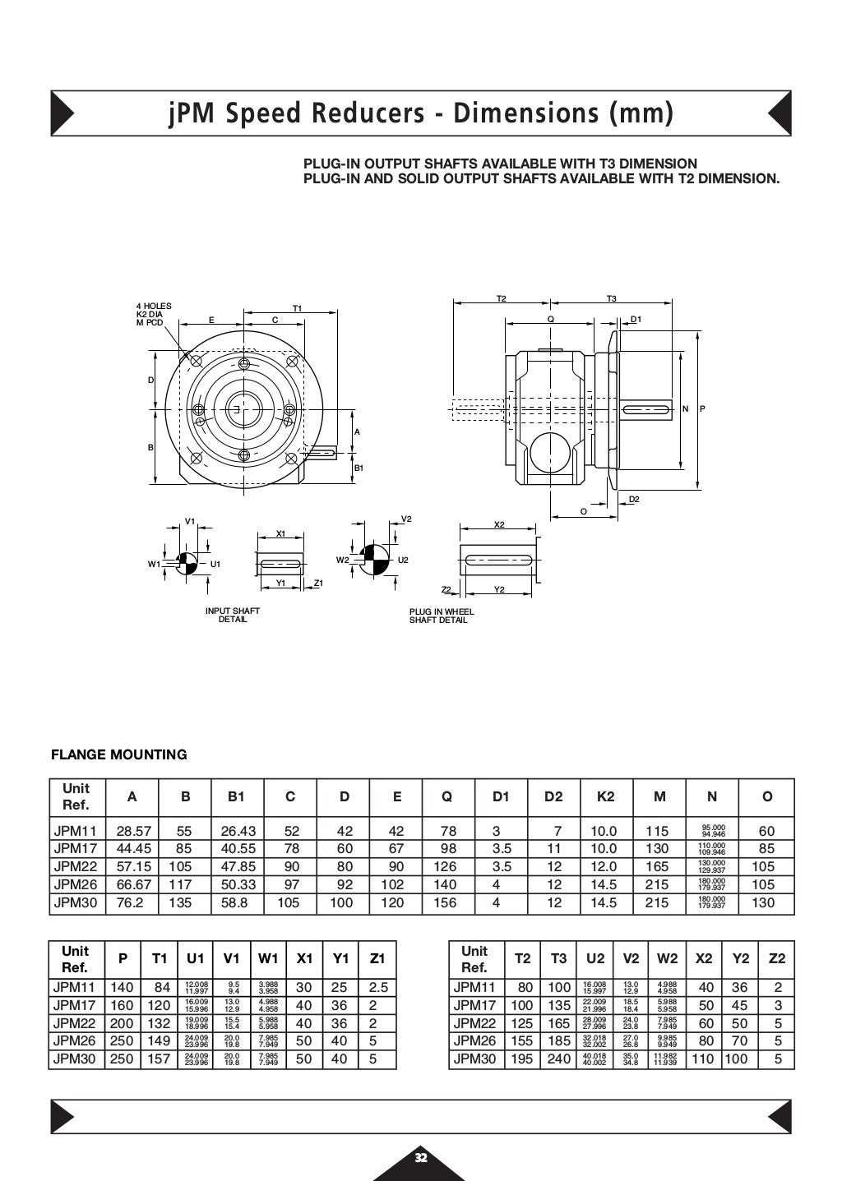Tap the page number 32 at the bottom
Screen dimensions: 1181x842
pos(421,1158)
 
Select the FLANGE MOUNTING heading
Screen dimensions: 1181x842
pos(119,754)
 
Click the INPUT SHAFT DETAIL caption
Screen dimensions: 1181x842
pos(233,616)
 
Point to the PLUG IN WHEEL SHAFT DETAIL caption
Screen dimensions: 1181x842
pos(442,616)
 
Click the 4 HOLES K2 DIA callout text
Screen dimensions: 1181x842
pos(154,311)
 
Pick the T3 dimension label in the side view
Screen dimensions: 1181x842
pos(612,298)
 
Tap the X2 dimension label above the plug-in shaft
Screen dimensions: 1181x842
pos(499,524)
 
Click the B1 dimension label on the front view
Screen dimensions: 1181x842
pos(359,468)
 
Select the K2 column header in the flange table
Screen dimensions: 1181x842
pos(605,796)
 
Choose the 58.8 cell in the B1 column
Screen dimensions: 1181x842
pos(237,902)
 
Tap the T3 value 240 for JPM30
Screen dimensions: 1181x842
pos(558,1059)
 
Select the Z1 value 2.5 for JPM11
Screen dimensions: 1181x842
pos(378,988)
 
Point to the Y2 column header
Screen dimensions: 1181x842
pos(741,958)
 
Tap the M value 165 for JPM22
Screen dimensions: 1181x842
pos(658,866)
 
